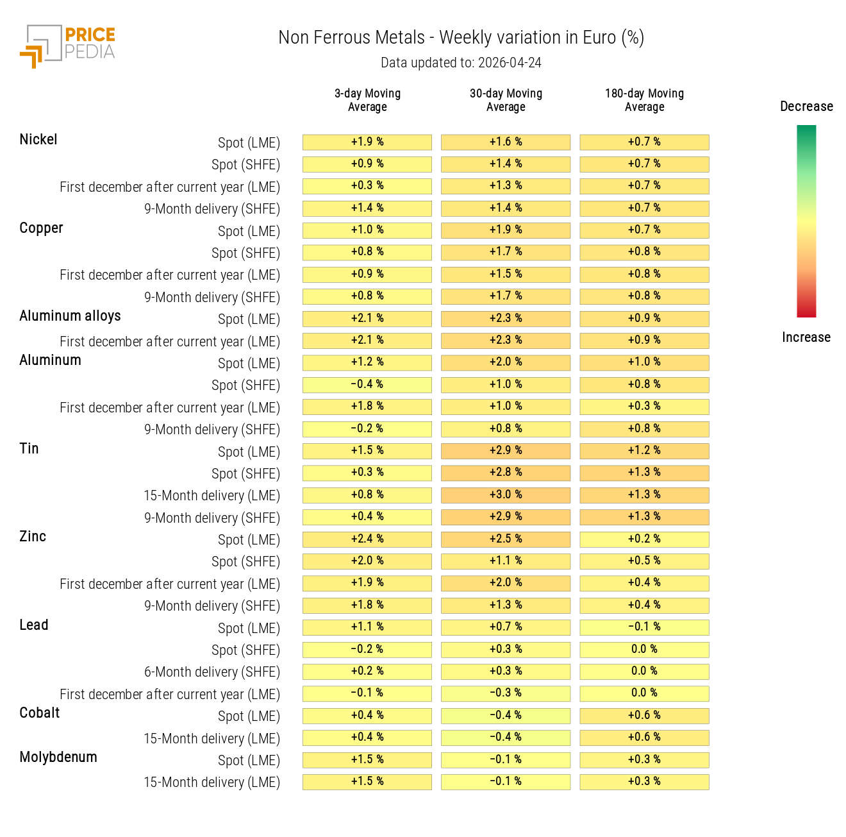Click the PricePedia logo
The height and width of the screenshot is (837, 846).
(68, 46)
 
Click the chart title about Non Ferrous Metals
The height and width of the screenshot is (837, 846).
(461, 38)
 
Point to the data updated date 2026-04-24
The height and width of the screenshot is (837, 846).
(461, 63)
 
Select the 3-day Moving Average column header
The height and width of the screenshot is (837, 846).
(367, 100)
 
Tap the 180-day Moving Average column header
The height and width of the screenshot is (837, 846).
(644, 100)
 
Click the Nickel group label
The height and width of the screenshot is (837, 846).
(38, 140)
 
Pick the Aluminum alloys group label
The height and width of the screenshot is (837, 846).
(70, 316)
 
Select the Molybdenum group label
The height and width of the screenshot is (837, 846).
(58, 757)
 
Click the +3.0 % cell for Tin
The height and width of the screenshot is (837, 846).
(506, 495)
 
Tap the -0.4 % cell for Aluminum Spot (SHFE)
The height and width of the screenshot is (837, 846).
(367, 385)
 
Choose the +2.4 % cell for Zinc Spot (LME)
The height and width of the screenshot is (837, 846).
(367, 539)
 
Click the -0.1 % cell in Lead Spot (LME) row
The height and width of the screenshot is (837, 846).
(644, 627)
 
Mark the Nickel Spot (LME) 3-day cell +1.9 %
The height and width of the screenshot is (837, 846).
(367, 142)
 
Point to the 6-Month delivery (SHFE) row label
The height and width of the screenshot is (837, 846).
(212, 672)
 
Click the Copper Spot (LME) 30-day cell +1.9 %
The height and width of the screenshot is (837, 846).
(506, 230)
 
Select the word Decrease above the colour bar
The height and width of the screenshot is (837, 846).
(806, 106)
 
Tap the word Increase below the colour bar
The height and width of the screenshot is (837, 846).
(806, 337)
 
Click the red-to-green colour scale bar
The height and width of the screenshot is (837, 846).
(806, 221)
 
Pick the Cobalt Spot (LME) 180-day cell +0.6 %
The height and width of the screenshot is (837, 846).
(644, 716)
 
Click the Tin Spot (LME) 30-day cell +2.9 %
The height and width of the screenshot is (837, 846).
(506, 451)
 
